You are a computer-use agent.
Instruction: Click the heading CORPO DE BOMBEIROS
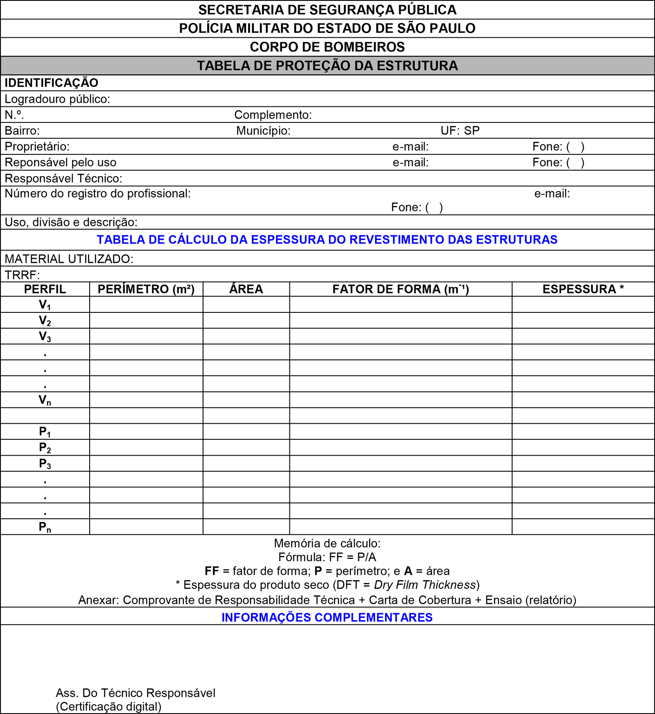tap(327, 47)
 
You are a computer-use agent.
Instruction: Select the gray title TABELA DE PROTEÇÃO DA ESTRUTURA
tap(327, 66)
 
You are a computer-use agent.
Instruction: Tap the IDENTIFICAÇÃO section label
tap(51, 83)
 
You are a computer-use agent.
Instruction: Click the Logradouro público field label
tap(57, 99)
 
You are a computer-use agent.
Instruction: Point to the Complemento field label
tap(273, 115)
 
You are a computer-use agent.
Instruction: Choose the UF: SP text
tap(460, 131)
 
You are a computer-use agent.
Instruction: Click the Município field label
tap(263, 131)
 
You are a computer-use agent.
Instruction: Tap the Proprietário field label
tap(37, 147)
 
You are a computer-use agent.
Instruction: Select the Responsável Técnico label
tap(63, 178)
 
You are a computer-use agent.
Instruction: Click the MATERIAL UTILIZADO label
tap(69, 259)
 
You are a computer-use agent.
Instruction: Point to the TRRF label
tap(22, 274)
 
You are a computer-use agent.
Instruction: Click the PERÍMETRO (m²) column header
tap(146, 289)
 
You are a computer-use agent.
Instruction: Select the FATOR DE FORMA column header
tap(400, 289)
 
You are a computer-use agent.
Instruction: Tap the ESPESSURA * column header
tap(583, 289)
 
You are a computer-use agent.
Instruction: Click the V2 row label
tap(45, 321)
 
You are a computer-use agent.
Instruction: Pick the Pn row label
tap(45, 527)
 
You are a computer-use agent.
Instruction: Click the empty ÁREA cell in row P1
tap(246, 432)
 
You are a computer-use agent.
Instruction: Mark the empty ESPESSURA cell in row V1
tap(583, 305)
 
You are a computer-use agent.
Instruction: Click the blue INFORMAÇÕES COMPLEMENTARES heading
tap(327, 617)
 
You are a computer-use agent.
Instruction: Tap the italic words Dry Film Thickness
tap(425, 585)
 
